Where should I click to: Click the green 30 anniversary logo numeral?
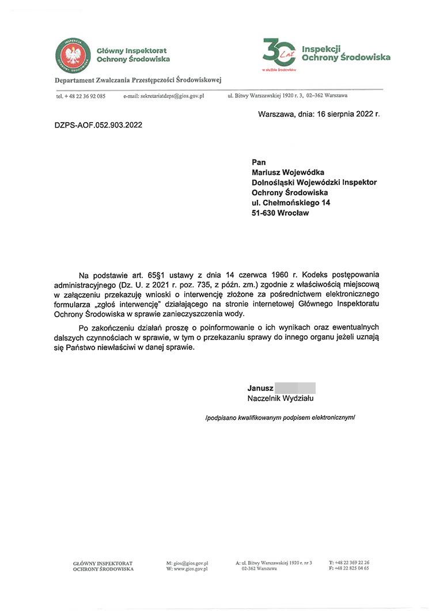point(275,52)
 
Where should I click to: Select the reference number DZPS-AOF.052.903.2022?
point(98,124)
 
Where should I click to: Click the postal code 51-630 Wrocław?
point(281,213)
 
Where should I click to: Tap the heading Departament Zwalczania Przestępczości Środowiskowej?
point(138,80)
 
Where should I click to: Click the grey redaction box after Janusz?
point(295,388)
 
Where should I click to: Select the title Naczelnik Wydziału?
point(281,398)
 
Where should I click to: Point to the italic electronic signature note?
point(281,417)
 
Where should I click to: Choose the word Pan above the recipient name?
point(259,162)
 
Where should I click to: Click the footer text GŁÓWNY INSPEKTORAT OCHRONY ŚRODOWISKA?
point(103,566)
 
